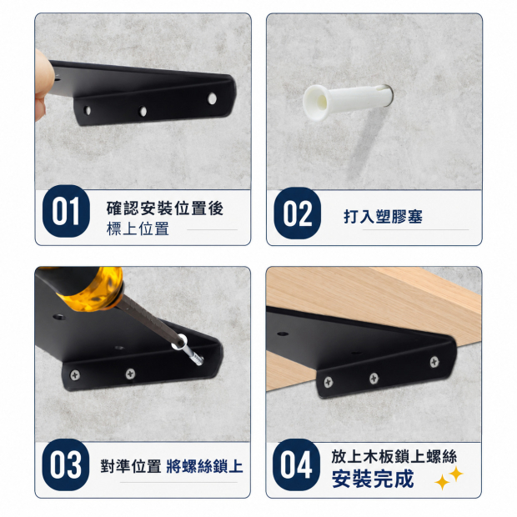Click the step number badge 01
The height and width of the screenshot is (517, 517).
pyautogui.click(x=66, y=211)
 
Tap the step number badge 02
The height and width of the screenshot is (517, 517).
pyautogui.click(x=297, y=213)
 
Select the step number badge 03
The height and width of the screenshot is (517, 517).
pyautogui.click(x=66, y=464)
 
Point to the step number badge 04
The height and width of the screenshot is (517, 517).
pyautogui.click(x=296, y=464)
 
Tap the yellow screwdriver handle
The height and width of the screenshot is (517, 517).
pyautogui.click(x=93, y=289)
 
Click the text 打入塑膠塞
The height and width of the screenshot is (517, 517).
pyautogui.click(x=383, y=217)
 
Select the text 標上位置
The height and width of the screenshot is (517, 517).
pyautogui.click(x=138, y=228)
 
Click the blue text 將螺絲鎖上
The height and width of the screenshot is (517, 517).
pyautogui.click(x=205, y=466)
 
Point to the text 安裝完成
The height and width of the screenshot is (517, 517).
pyautogui.click(x=373, y=479)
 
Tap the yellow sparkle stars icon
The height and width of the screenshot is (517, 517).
pyautogui.click(x=449, y=478)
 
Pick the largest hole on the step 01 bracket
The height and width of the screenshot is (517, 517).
pyautogui.click(x=212, y=98)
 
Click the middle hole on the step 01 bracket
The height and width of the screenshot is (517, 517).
pyautogui.click(x=143, y=111)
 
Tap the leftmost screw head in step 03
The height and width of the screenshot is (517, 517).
pyautogui.click(x=75, y=375)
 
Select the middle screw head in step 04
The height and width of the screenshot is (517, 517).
pyautogui.click(x=374, y=379)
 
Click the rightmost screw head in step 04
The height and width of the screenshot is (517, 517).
pyautogui.click(x=434, y=362)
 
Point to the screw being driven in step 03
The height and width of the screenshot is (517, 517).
pyautogui.click(x=188, y=350)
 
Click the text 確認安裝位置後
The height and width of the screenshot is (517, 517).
pyautogui.click(x=165, y=208)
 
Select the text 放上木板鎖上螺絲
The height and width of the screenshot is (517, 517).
pyautogui.click(x=394, y=457)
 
